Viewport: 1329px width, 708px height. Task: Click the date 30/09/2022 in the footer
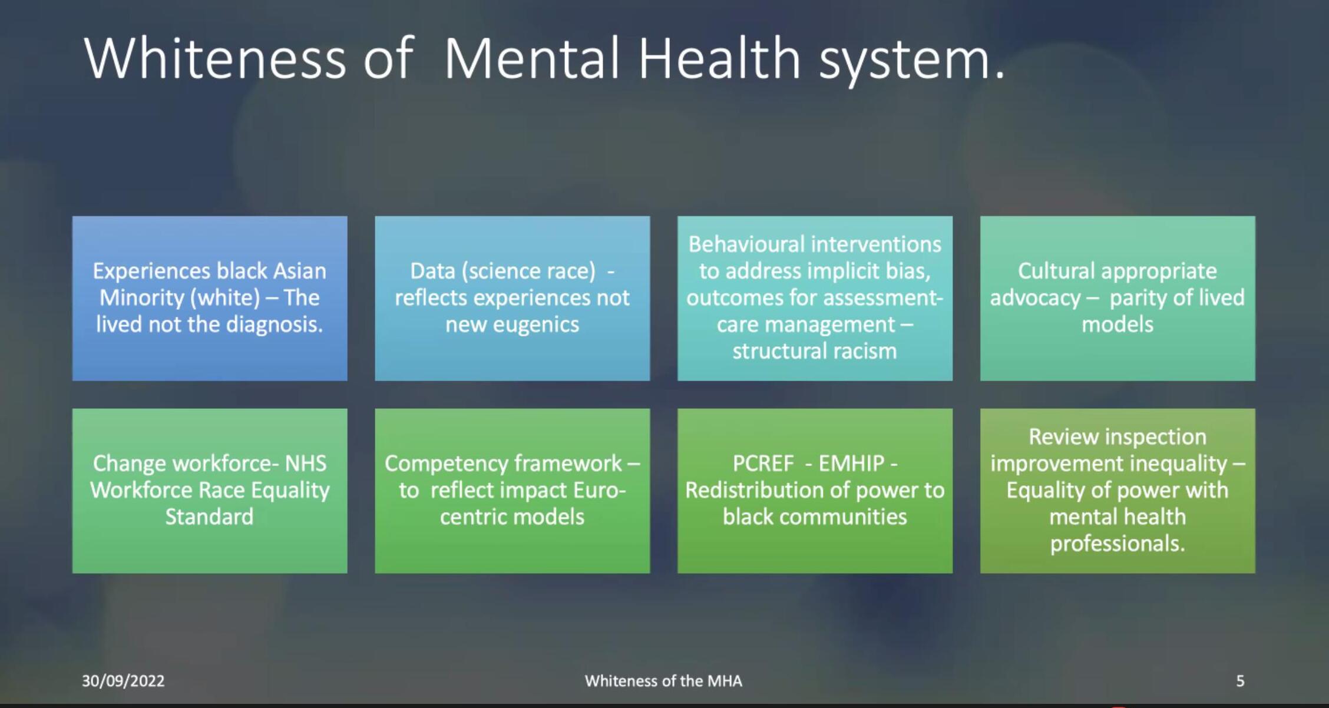(123, 681)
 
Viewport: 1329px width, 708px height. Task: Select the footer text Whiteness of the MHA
(663, 681)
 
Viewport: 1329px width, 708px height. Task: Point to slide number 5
(1240, 681)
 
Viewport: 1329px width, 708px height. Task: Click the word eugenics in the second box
(536, 325)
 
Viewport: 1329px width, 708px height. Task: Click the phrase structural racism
(815, 351)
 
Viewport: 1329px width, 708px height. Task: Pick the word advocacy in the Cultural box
(1035, 298)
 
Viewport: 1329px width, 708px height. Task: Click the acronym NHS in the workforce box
(306, 464)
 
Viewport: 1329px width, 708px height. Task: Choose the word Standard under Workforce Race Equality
(209, 517)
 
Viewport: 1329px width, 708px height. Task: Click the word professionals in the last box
(1117, 543)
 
